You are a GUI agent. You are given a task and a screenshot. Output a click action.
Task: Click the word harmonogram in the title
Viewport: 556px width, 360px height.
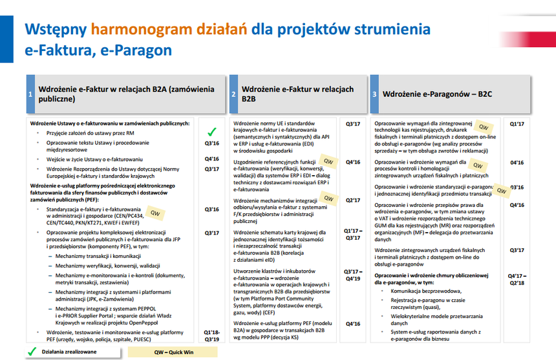(x=142, y=30)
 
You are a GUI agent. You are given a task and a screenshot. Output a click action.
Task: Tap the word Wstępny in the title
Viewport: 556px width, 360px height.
(x=56, y=30)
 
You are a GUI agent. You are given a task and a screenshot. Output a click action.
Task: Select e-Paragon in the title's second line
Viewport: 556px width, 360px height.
(x=136, y=50)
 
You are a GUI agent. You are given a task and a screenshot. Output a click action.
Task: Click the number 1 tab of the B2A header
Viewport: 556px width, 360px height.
(x=30, y=94)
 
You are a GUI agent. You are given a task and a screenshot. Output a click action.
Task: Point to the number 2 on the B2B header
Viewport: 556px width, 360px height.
(x=233, y=94)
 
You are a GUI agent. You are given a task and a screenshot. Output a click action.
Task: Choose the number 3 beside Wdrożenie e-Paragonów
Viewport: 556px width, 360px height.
(x=374, y=94)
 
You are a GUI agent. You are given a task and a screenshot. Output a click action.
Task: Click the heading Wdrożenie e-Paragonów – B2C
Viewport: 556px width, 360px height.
(x=437, y=94)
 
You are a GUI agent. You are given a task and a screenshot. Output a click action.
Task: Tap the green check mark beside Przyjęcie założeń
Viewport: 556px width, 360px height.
(x=212, y=132)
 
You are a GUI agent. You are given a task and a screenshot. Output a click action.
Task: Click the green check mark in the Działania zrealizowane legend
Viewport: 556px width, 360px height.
(x=32, y=352)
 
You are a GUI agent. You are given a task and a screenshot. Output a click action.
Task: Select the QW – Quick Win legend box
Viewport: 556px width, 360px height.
(x=173, y=352)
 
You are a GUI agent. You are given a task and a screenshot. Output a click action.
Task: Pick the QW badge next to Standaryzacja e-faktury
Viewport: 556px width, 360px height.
(x=155, y=213)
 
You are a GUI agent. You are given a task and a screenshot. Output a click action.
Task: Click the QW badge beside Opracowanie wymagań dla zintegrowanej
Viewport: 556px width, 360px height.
(x=484, y=127)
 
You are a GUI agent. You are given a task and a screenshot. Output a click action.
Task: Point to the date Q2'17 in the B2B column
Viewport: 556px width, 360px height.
(x=353, y=200)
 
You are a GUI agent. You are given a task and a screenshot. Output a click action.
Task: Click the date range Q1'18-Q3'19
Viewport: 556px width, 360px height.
(x=211, y=336)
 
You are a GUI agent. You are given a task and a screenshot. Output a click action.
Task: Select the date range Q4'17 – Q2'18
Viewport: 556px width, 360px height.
(x=517, y=279)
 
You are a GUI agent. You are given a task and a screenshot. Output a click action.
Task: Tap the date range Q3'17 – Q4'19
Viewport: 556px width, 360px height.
(x=353, y=275)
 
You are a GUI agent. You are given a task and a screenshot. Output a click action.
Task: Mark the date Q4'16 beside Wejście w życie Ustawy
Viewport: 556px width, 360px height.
(x=211, y=159)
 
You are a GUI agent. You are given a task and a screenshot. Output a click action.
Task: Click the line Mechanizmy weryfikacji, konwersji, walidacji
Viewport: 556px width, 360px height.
(x=107, y=266)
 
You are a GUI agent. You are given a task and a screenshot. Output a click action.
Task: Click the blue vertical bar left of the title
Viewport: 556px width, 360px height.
(x=6, y=39)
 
